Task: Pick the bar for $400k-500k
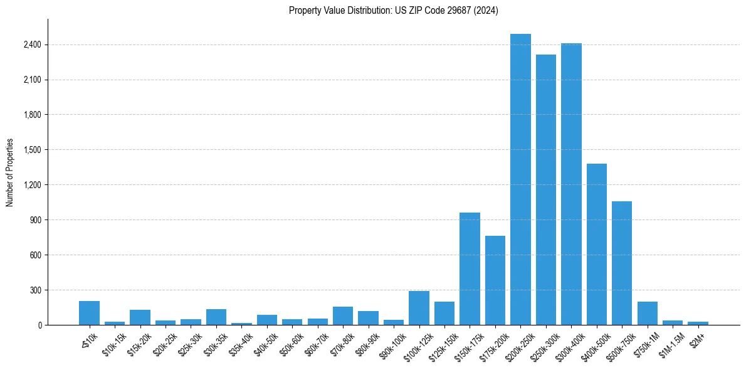coord(597,244)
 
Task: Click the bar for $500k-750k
coord(622,263)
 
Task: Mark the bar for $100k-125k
coord(419,308)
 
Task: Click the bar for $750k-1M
coord(648,314)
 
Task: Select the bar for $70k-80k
coord(343,316)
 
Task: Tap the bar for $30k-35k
coord(216,317)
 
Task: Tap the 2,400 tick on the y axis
coord(32,45)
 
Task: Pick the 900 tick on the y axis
coord(36,220)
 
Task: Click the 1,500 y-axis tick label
coord(32,150)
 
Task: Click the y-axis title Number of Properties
coord(9,172)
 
